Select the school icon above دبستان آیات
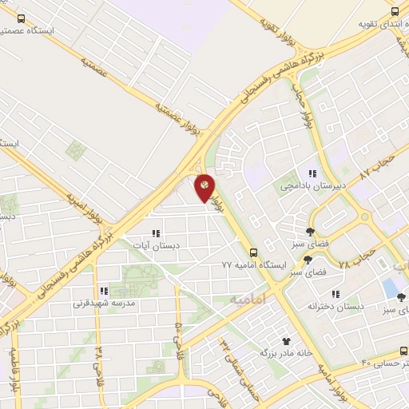(157, 234)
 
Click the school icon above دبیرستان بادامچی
(313, 173)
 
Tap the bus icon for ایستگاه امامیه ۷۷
(254, 251)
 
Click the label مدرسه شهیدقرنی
(105, 304)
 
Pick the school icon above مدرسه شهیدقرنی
(104, 292)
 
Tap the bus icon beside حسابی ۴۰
(403, 351)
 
